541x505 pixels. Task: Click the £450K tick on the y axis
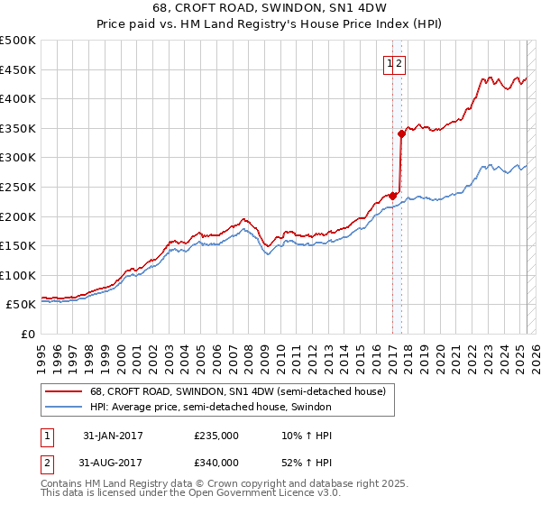[20, 69]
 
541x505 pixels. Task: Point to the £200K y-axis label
[20, 216]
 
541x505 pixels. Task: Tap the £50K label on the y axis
[23, 305]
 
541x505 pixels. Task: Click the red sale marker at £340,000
[402, 133]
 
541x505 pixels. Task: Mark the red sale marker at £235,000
[393, 195]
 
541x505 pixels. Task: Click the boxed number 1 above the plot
[390, 63]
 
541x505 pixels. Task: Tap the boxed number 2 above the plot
[399, 63]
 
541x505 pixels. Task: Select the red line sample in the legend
[64, 391]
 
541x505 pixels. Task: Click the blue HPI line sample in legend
[64, 407]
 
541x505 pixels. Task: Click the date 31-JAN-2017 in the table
[113, 436]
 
